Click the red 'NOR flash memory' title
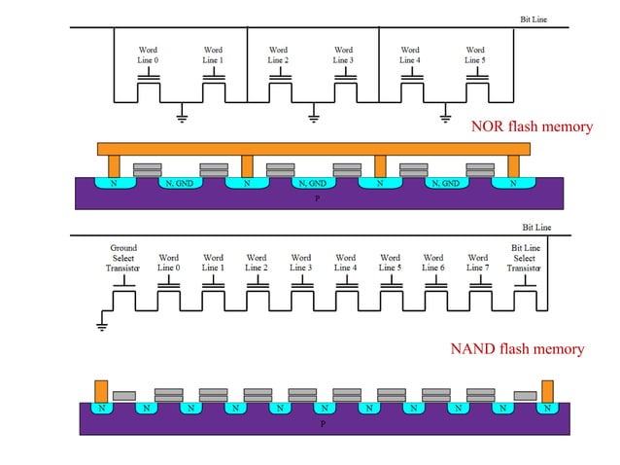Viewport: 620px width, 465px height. [531, 126]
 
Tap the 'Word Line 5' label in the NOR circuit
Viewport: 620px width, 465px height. [474, 55]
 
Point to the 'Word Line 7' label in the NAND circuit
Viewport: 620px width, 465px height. [477, 263]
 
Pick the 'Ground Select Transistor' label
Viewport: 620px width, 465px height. [123, 258]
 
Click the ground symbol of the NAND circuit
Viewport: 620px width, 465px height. [102, 326]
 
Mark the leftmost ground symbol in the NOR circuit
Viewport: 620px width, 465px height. [181, 119]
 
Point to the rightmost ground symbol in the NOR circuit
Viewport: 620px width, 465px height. [444, 119]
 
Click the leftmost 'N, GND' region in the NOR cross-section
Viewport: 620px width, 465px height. [179, 183]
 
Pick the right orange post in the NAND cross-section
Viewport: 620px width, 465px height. [547, 390]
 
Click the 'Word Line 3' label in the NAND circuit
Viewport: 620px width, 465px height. [301, 263]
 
